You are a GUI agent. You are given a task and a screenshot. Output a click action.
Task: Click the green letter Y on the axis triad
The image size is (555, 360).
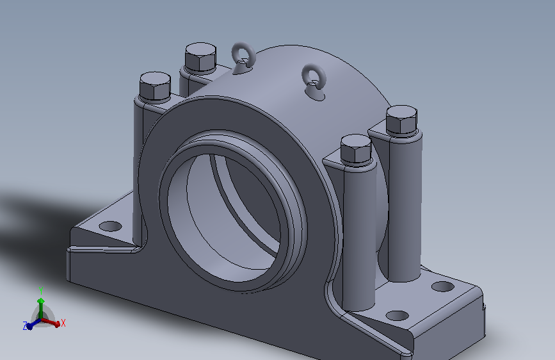pyautogui.click(x=41, y=291)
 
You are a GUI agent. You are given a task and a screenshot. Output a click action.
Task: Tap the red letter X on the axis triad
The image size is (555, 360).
pyautogui.click(x=63, y=323)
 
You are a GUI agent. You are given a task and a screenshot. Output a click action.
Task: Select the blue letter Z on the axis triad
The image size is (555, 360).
pyautogui.click(x=25, y=326)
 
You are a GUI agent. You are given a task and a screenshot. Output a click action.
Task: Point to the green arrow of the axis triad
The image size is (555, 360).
pyautogui.click(x=41, y=308)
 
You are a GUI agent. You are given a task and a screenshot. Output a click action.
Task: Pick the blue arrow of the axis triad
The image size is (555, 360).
pyautogui.click(x=34, y=324)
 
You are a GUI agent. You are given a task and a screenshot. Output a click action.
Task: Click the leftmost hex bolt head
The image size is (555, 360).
pyautogui.click(x=155, y=87)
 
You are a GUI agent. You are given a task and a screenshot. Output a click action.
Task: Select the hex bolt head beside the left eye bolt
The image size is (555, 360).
pyautogui.click(x=200, y=58)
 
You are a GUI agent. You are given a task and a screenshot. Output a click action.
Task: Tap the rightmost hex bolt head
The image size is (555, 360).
pyautogui.click(x=401, y=120)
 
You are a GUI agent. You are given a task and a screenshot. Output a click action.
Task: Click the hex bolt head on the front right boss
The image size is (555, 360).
pyautogui.click(x=356, y=149)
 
